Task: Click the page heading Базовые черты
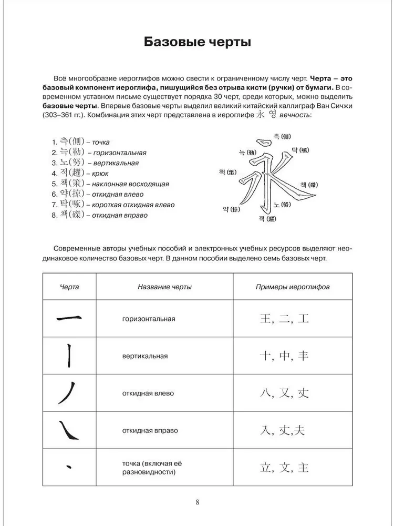(197, 42)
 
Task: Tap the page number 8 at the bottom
(197, 501)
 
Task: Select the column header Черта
(70, 287)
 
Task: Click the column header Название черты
(164, 287)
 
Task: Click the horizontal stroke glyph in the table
(68, 318)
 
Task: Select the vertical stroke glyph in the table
(69, 356)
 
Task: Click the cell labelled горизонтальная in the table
(149, 319)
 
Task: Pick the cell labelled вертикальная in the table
(144, 356)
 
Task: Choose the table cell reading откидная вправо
(150, 430)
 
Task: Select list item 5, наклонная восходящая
(110, 184)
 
